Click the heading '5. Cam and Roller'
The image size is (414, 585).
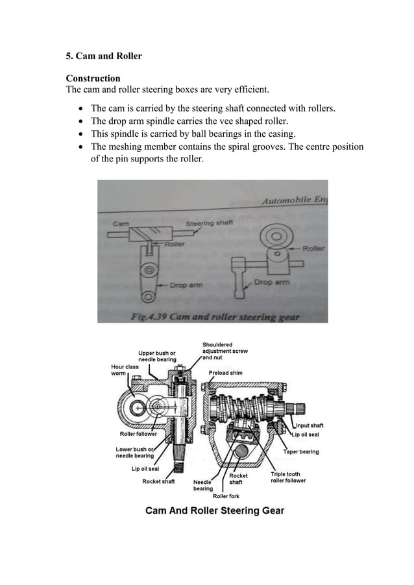[104, 56]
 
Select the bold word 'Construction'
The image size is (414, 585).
[93, 78]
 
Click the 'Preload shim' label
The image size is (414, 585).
[226, 373]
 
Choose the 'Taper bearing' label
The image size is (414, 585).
[300, 451]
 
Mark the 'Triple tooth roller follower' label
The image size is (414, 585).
[287, 477]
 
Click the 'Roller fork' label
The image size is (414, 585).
[226, 495]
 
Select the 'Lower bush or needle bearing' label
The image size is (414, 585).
[134, 452]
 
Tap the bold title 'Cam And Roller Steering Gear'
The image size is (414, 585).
[214, 511]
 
